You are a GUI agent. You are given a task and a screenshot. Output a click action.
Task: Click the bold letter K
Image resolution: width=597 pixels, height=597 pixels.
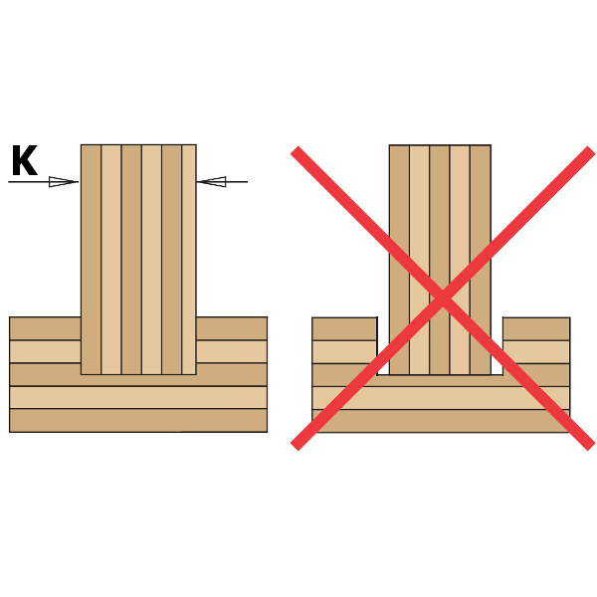25,160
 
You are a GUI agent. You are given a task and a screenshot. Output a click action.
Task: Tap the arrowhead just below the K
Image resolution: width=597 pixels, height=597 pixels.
64,182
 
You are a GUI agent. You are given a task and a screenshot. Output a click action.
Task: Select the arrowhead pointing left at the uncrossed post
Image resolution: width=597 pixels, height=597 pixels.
211,182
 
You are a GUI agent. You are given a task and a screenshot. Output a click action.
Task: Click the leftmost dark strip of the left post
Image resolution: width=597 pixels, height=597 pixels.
91,260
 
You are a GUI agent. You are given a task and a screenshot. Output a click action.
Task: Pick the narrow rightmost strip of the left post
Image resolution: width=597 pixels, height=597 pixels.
189,260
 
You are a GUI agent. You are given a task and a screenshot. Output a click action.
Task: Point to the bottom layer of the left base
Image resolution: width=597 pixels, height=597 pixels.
138,420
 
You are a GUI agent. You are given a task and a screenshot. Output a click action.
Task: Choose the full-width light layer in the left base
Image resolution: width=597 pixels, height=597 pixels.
138,397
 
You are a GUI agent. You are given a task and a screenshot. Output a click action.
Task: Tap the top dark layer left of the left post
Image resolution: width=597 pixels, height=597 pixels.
46,328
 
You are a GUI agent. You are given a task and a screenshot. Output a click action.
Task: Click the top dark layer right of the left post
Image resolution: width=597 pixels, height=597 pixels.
232,328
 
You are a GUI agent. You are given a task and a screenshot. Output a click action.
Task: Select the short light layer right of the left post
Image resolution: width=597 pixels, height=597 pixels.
232,351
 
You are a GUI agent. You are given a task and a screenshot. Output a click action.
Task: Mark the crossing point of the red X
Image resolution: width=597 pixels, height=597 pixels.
443,298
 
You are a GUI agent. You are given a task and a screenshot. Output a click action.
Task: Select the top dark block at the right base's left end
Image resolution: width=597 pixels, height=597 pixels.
344,329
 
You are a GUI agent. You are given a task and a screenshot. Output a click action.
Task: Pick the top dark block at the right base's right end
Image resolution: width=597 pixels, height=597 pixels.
536,329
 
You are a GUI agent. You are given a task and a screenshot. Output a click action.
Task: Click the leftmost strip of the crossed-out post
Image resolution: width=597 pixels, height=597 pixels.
399,260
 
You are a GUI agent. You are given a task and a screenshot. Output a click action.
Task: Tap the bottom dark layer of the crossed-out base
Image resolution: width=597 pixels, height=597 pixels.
441,421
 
